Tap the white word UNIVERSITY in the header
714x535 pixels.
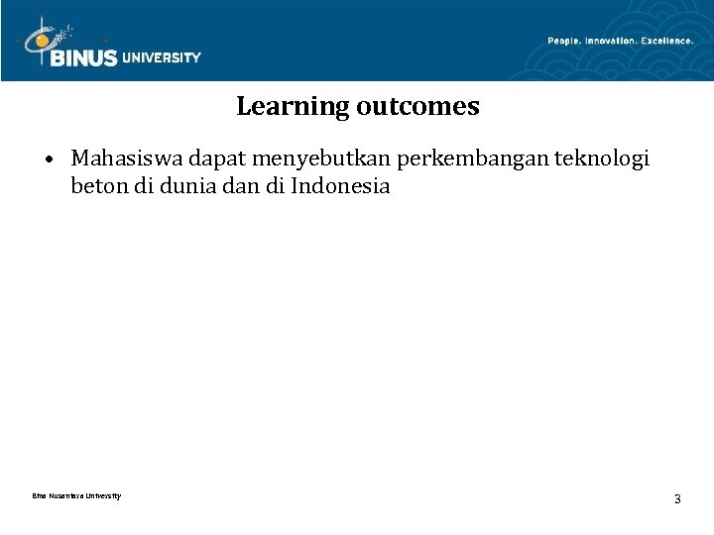tap(162, 57)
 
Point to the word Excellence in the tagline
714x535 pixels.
tap(667, 41)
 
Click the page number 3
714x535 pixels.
tap(677, 498)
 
